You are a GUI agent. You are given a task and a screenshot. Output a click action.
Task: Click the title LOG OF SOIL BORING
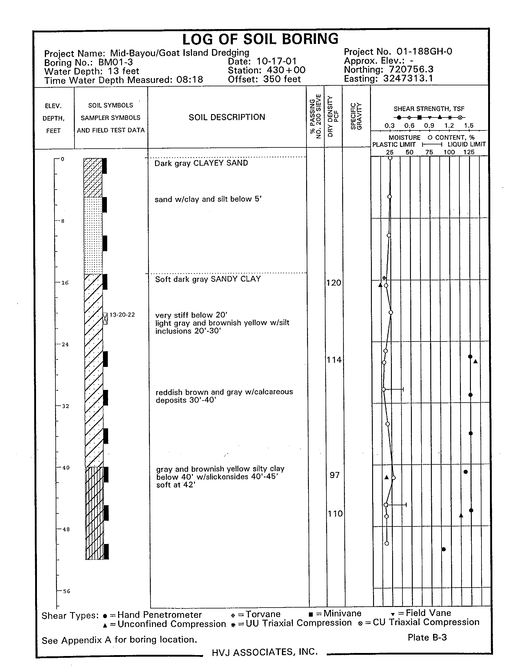click(x=260, y=40)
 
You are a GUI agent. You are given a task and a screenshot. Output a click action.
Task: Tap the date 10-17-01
click(x=276, y=61)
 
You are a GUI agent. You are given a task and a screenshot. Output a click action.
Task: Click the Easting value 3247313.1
click(x=408, y=79)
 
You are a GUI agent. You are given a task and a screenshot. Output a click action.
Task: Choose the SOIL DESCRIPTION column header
click(x=227, y=117)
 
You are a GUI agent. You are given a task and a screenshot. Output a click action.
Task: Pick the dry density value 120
click(x=334, y=283)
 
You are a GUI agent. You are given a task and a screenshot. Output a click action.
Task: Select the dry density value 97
click(x=335, y=475)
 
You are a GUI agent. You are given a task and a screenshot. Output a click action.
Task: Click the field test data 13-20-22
click(x=122, y=315)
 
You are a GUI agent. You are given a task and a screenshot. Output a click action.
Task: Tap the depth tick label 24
click(x=65, y=345)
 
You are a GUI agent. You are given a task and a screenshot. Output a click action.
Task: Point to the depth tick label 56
click(x=67, y=591)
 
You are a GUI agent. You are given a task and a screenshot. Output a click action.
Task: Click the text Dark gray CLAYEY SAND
click(x=201, y=163)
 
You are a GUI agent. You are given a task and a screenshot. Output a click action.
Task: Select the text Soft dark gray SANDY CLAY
click(x=208, y=279)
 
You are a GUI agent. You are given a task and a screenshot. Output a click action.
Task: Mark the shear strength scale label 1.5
click(x=469, y=126)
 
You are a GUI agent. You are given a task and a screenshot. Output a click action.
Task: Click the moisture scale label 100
click(x=449, y=152)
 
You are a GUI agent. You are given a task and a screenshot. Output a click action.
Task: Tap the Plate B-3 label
click(x=427, y=637)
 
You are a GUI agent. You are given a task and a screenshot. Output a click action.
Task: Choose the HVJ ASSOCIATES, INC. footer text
click(x=265, y=652)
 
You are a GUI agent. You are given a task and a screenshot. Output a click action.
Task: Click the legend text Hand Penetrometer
click(x=160, y=615)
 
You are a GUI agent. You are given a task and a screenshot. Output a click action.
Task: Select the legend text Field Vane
click(x=428, y=613)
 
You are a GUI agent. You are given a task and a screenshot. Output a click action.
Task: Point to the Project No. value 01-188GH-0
click(x=424, y=51)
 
